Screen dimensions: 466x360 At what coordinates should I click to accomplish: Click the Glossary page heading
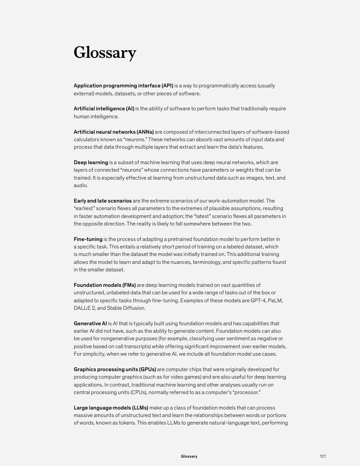tap(105, 53)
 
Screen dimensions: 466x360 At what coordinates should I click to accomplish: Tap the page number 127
tap(323, 456)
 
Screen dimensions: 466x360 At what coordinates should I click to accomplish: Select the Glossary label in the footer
tap(189, 456)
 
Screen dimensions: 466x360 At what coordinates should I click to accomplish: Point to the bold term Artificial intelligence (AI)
tap(104, 109)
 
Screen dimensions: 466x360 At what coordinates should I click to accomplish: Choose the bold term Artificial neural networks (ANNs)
tap(114, 132)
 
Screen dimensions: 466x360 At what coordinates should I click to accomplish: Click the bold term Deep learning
tap(91, 162)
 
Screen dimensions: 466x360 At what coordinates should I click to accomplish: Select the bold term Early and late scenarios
tap(102, 201)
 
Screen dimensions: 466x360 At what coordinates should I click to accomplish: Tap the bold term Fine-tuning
tap(88, 239)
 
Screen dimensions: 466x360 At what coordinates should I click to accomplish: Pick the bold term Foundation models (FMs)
tap(105, 285)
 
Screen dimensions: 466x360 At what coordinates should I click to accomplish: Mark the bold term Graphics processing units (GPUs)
tap(115, 369)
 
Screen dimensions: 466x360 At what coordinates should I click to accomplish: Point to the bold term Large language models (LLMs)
tap(111, 408)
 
